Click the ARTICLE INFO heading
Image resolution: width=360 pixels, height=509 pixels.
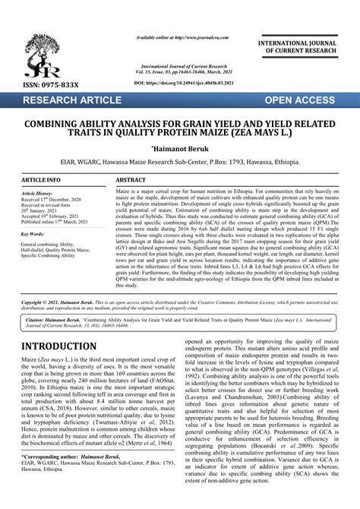42,179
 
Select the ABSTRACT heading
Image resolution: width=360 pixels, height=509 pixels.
131,179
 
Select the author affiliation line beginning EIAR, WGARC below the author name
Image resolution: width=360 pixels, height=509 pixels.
179,163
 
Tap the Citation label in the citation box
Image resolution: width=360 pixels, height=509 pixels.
38,321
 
